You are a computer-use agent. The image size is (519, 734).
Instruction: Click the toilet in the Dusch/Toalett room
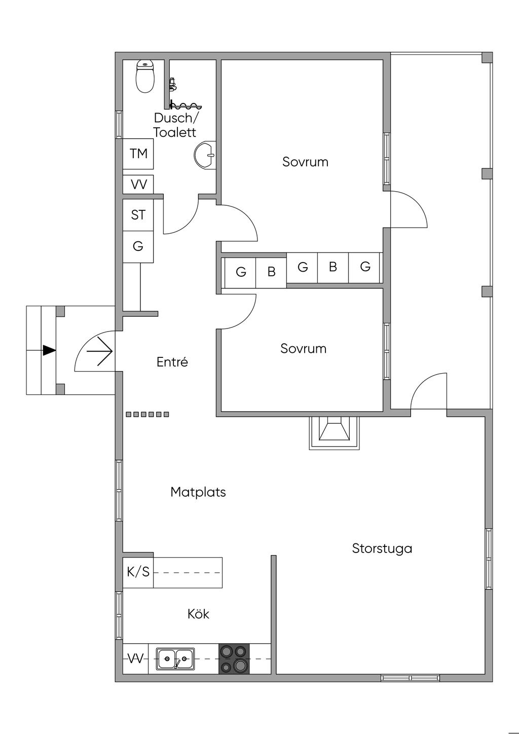coord(145,76)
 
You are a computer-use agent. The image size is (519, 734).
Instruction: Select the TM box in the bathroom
coord(138,154)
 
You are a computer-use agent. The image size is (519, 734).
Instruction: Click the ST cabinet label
coord(138,215)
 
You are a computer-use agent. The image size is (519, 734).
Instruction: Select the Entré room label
coord(172,362)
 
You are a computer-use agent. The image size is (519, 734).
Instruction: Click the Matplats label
coord(198,492)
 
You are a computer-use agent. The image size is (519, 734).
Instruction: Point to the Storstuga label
coord(382,548)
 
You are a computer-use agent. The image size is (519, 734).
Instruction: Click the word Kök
coord(198,613)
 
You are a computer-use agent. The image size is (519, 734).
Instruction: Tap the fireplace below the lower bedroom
coord(334,433)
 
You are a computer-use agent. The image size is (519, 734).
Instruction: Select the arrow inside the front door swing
coord(100,351)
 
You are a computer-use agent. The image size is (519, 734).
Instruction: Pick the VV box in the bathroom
coord(138,185)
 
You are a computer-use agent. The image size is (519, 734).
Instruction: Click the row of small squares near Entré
coord(147,414)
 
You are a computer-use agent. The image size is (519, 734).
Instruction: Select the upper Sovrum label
coord(306,162)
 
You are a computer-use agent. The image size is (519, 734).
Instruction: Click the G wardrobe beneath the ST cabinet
coord(138,246)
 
